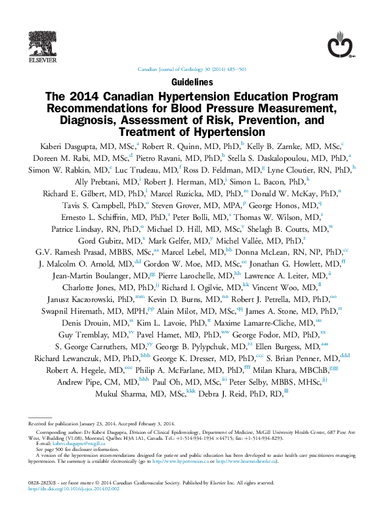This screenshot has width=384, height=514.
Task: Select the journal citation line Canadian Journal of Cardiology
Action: click(x=192, y=69)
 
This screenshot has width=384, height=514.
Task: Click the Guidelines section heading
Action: click(x=192, y=83)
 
